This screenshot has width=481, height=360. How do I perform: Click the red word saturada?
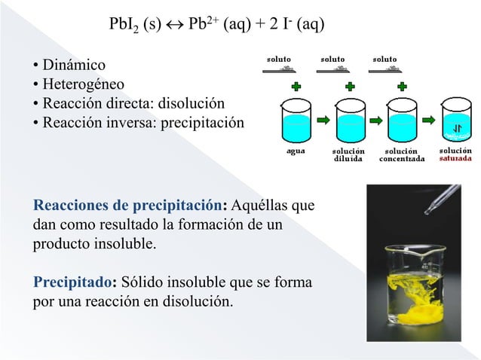tap(457, 160)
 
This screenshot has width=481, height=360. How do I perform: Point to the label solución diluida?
tap(348, 155)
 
